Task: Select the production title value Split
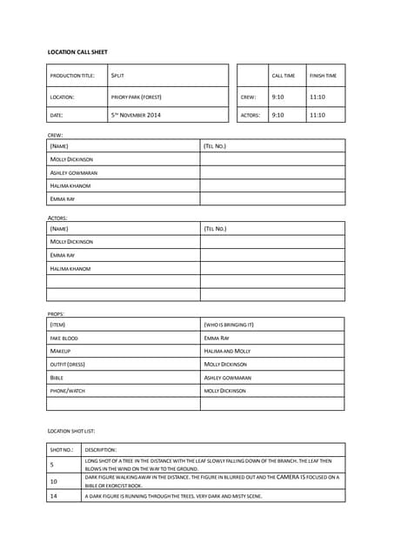(x=117, y=76)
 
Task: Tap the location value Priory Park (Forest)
(x=137, y=97)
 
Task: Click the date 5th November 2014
(x=136, y=115)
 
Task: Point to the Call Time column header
(x=284, y=76)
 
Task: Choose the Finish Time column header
(x=323, y=76)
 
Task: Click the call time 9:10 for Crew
(x=278, y=97)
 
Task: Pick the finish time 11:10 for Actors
(x=317, y=115)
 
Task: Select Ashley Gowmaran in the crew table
(x=74, y=172)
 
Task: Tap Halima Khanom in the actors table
(x=70, y=269)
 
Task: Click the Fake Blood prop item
(x=64, y=338)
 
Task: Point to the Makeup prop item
(x=60, y=351)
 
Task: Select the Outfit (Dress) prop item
(x=68, y=364)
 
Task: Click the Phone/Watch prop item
(x=68, y=391)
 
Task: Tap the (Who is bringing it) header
(x=229, y=325)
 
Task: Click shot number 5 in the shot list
(x=53, y=465)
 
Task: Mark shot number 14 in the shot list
(x=54, y=495)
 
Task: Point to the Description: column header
(x=101, y=449)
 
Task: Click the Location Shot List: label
(x=71, y=431)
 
